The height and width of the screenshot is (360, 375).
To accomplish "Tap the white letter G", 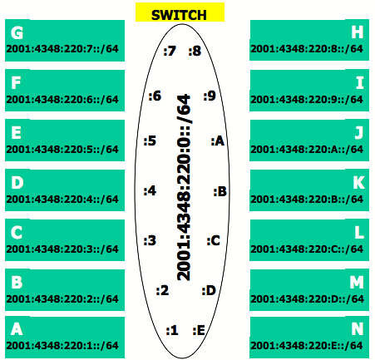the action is [17, 32].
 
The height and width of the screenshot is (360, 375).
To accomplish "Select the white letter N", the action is [358, 329].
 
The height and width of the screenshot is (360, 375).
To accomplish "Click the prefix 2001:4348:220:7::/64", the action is [62, 49].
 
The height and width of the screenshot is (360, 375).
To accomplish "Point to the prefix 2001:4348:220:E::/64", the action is [307, 346].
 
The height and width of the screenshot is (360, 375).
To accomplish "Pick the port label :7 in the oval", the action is [170, 51].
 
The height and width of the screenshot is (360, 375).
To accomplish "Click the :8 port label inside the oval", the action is [195, 51].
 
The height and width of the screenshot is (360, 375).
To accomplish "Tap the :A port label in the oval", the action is [218, 141].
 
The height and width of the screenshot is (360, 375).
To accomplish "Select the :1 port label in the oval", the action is [172, 330].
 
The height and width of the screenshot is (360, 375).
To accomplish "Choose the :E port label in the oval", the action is [199, 330].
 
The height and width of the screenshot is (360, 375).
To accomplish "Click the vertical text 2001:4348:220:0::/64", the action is [184, 187].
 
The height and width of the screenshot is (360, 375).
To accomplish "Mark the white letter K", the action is [358, 183].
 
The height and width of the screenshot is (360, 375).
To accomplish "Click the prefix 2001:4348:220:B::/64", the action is [307, 200].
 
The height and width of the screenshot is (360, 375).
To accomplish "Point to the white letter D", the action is [17, 183].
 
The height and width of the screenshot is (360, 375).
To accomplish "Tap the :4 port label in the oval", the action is [150, 191].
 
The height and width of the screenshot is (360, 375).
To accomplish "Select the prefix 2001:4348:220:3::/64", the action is [62, 249].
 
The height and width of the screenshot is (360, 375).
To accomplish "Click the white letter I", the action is [360, 83].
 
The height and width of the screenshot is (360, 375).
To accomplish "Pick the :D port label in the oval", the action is [209, 291].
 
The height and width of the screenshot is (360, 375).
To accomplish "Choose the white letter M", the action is [357, 283].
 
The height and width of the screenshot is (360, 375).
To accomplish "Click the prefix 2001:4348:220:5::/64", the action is [62, 150].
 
